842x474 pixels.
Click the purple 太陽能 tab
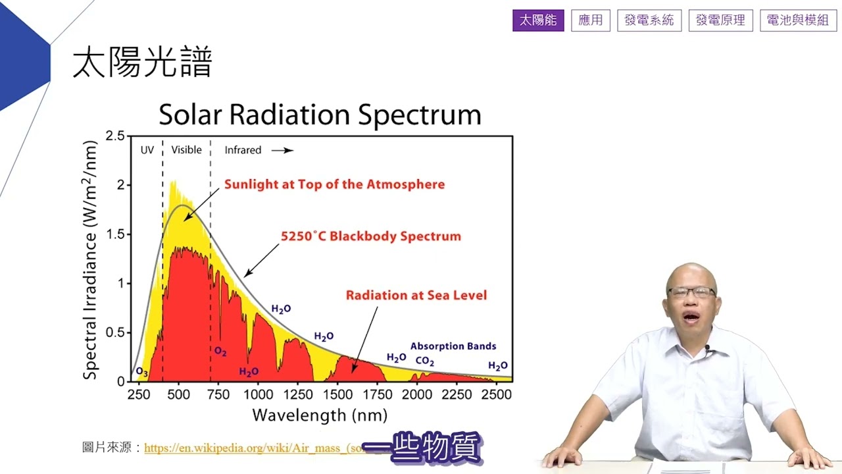click(x=538, y=20)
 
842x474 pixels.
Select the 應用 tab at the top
click(x=591, y=20)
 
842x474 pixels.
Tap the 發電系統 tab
click(x=649, y=20)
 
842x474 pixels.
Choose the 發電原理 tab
click(x=720, y=20)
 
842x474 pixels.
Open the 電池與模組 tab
click(x=798, y=20)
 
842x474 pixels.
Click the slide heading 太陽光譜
click(x=142, y=63)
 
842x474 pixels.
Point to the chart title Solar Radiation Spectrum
click(x=320, y=115)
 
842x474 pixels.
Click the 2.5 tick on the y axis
click(x=115, y=136)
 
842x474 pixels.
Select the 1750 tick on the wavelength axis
click(x=377, y=395)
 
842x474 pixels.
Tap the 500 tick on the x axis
click(x=178, y=395)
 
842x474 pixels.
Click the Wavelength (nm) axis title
click(x=320, y=415)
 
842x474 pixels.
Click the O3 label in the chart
click(x=141, y=373)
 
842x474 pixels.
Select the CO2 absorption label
click(x=425, y=361)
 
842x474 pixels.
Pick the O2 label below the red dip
click(x=220, y=352)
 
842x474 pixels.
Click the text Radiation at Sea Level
click(x=416, y=296)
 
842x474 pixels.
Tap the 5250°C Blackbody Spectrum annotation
click(x=370, y=236)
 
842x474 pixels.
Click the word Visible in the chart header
click(x=186, y=150)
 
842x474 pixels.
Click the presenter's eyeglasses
click(x=691, y=292)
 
